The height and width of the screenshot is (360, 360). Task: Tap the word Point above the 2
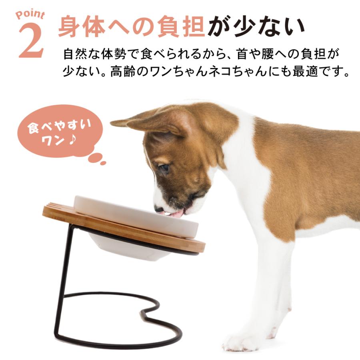coord(30,16)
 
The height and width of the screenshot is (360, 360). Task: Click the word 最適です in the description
coord(316,72)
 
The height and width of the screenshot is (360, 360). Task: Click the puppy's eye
coord(164,168)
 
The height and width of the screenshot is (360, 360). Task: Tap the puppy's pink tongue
coord(176,214)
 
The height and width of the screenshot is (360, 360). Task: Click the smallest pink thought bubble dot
coord(103,163)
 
